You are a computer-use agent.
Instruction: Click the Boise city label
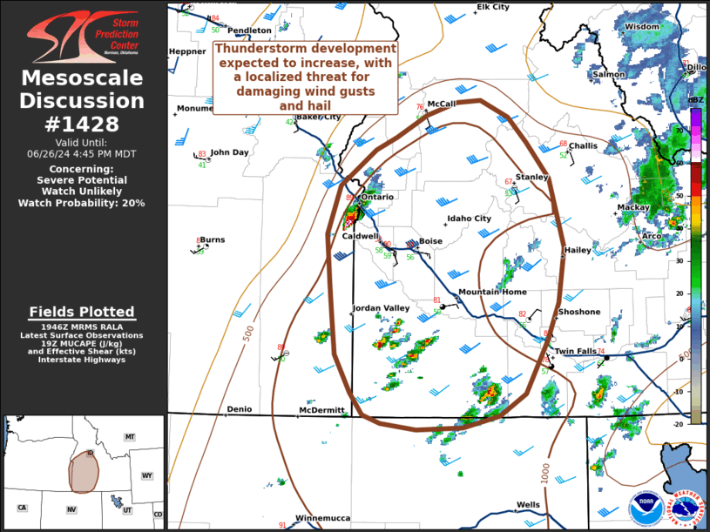tap(431, 241)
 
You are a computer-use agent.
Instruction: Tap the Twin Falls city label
tap(576, 351)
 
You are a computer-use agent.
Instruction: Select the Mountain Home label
tap(491, 292)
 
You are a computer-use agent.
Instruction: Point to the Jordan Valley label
tap(381, 308)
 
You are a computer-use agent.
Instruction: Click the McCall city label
tap(442, 104)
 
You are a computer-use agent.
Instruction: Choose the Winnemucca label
tap(322, 518)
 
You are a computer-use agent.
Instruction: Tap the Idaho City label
tap(469, 219)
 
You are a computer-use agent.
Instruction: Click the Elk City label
tap(493, 7)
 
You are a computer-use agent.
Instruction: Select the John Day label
tap(229, 152)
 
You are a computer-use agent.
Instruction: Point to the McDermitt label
tap(321, 409)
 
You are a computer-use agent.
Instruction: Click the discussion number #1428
tap(82, 125)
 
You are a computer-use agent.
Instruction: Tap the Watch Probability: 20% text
tap(82, 203)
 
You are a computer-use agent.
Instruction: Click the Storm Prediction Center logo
tap(82, 37)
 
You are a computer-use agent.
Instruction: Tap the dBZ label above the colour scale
tap(695, 101)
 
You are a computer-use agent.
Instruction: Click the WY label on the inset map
tap(146, 475)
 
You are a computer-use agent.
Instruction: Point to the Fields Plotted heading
tap(82, 312)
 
